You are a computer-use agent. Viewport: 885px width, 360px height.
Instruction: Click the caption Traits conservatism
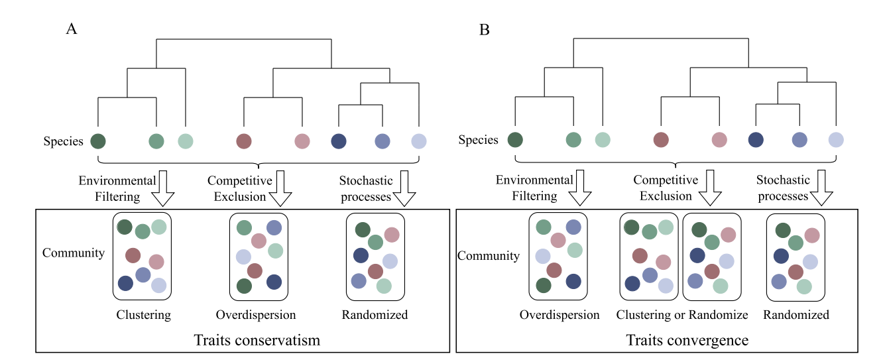tap(257, 340)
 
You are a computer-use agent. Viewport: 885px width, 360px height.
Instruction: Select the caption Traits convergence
tap(687, 340)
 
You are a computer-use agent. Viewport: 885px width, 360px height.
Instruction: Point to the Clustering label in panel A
tap(143, 315)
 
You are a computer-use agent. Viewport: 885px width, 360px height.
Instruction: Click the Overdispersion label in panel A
tap(256, 315)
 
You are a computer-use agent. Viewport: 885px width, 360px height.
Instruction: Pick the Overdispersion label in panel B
tap(560, 315)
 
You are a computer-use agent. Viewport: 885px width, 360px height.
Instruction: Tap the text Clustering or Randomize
tap(682, 315)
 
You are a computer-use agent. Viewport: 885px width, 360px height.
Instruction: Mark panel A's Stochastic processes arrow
tap(404, 188)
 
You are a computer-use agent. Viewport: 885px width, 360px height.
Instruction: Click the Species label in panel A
tap(64, 141)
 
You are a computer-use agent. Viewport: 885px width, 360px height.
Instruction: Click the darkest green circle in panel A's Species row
tap(98, 141)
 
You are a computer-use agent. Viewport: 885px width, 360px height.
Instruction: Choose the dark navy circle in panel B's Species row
tap(756, 140)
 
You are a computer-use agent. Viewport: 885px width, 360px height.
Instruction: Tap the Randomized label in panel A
tap(375, 315)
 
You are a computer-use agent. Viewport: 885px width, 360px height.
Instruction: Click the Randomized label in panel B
tap(796, 315)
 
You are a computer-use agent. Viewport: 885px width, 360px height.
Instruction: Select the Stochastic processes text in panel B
tap(784, 188)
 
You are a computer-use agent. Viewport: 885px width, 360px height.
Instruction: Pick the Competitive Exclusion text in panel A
tap(239, 188)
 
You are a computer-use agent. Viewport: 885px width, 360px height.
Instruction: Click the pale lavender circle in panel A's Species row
tap(419, 141)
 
